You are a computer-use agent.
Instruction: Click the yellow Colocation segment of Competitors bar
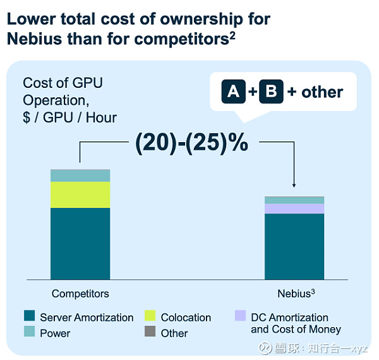tap(80, 195)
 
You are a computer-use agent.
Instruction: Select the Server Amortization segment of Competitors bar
tap(80, 243)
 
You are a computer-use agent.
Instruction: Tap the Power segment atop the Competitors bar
tap(80, 175)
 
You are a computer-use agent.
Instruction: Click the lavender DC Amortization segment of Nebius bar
tap(294, 208)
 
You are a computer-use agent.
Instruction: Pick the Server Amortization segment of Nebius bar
tap(294, 246)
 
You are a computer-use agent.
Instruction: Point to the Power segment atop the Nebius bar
tap(294, 200)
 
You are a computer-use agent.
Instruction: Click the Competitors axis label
tap(80, 294)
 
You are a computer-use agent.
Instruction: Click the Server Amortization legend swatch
tap(28, 316)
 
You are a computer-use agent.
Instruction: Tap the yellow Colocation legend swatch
tap(150, 316)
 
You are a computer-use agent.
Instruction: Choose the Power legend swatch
tap(28, 332)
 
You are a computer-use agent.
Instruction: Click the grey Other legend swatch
tap(150, 332)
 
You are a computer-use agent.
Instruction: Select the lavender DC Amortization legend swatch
tap(239, 315)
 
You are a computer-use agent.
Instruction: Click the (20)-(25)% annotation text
tap(192, 143)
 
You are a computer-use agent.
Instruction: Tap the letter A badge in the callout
tap(233, 92)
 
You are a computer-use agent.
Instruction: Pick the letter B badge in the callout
tap(271, 92)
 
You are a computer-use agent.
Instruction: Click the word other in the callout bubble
tap(322, 92)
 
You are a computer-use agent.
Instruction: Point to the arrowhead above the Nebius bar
tap(294, 185)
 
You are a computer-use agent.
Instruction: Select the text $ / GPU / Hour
tap(69, 117)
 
